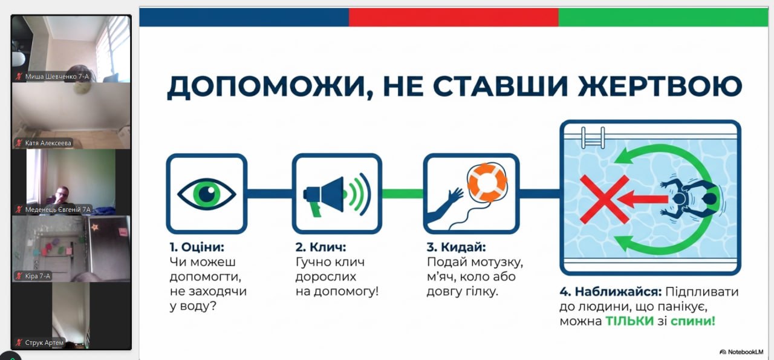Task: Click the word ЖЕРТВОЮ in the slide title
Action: pyautogui.click(x=660, y=86)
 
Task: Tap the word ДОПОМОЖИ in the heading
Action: pyautogui.click(x=265, y=87)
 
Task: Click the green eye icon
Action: pyautogui.click(x=207, y=194)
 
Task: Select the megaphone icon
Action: pyautogui.click(x=337, y=195)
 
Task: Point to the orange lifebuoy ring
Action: pyautogui.click(x=487, y=183)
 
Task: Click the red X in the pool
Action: pyautogui.click(x=604, y=199)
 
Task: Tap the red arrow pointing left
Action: pyautogui.click(x=642, y=199)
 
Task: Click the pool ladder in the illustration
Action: pyautogui.click(x=593, y=137)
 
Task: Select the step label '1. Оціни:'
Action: pyautogui.click(x=197, y=247)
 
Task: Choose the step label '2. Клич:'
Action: pyautogui.click(x=320, y=247)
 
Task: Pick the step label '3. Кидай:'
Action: pyautogui.click(x=457, y=247)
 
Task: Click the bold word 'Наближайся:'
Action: pyautogui.click(x=618, y=292)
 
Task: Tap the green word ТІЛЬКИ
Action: pyautogui.click(x=629, y=321)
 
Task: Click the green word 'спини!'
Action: pyautogui.click(x=693, y=322)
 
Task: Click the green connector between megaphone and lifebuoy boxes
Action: pyautogui.click(x=403, y=194)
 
